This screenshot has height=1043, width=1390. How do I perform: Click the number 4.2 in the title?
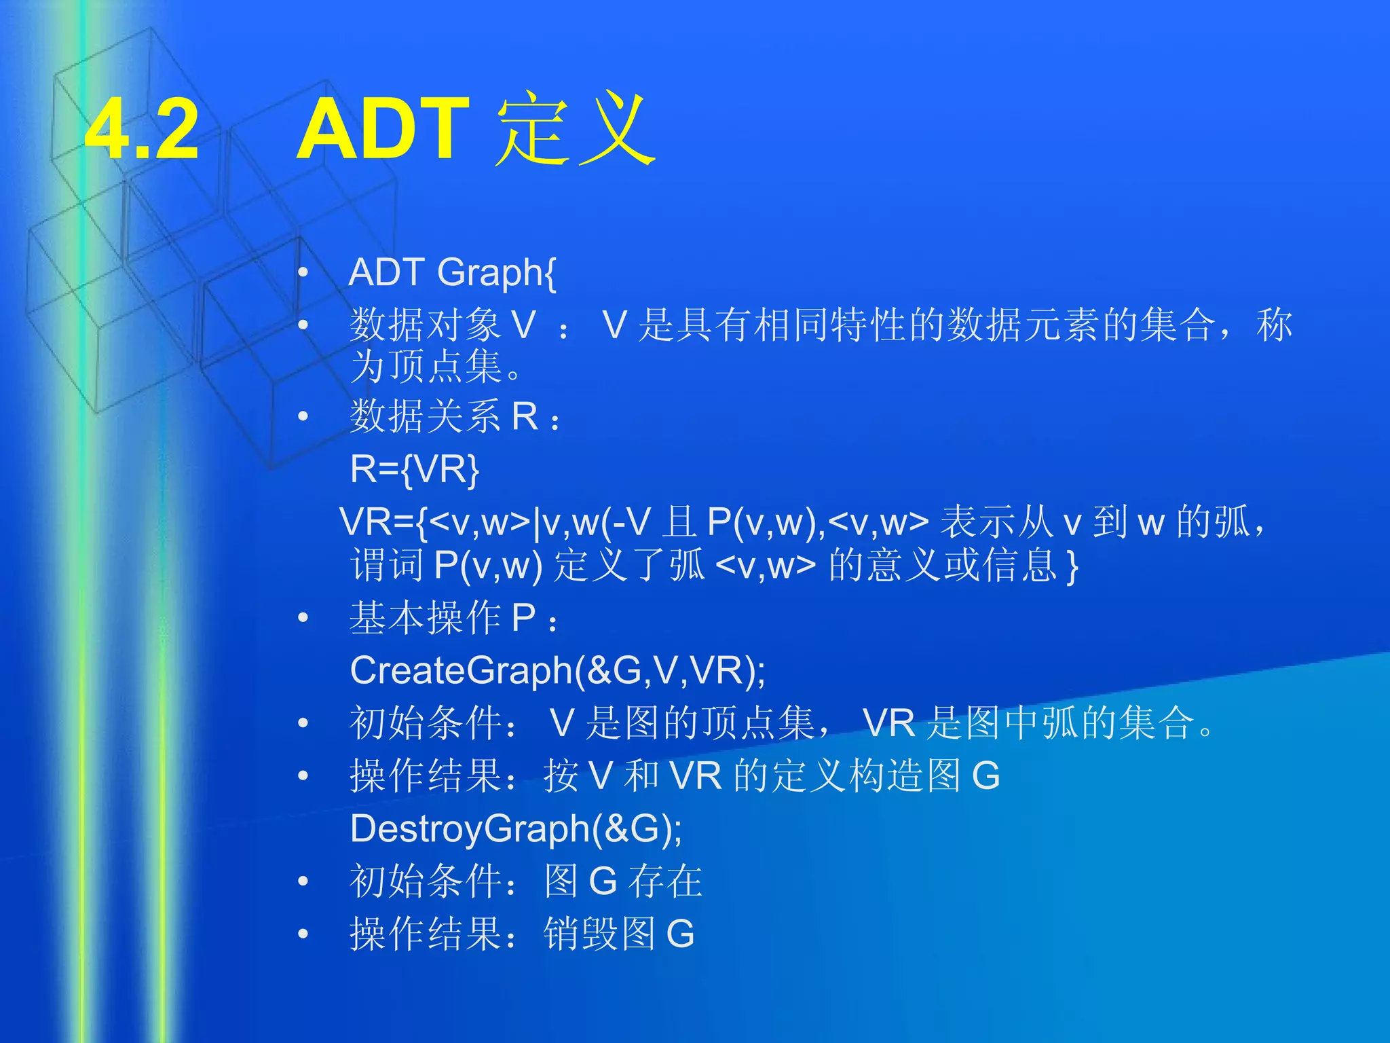coord(143,129)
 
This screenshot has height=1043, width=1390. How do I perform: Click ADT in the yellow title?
coord(383,129)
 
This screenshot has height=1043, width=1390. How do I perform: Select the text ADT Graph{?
coord(453,273)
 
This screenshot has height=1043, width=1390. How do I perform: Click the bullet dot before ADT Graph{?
coord(303,273)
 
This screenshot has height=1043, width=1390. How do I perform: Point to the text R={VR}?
coord(415,469)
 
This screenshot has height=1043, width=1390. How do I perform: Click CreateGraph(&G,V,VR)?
coord(558,670)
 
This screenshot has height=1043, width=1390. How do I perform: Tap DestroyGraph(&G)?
coord(516,828)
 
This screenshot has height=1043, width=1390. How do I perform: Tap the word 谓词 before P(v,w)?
coord(387,566)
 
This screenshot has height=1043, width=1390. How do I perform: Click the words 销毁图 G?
coord(618,934)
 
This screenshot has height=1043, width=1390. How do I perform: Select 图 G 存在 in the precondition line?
coord(622,881)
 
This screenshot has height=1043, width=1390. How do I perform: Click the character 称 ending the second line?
coord(1274,325)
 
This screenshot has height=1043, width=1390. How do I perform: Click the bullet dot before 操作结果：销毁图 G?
coord(303,934)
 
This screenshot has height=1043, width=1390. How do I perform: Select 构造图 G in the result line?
coord(923,775)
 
